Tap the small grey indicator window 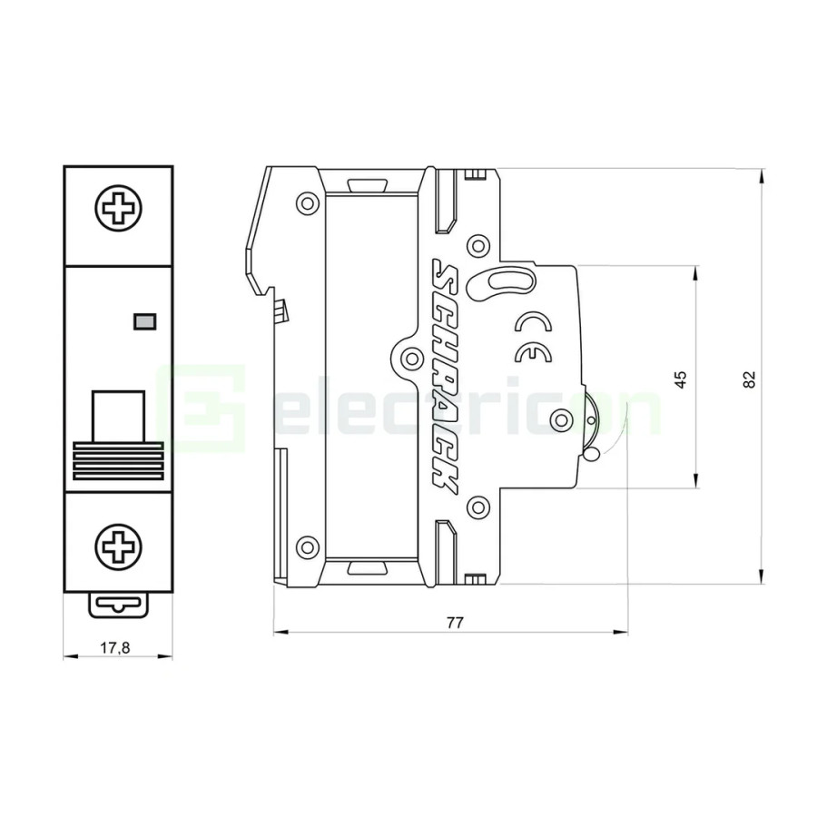(143, 320)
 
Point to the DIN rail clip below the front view (118, 605)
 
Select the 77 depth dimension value (455, 623)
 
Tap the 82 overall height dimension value (748, 379)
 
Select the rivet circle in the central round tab (410, 356)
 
